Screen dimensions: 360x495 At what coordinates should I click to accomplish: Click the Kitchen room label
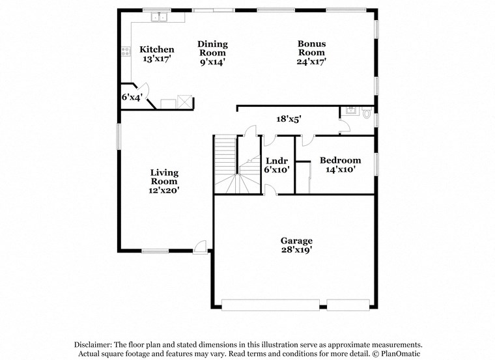click(x=157, y=49)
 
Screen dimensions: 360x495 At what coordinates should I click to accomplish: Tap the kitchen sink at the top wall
click(x=159, y=18)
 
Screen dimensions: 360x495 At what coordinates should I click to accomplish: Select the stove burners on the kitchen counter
click(x=125, y=51)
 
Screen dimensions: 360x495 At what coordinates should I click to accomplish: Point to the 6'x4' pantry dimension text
click(x=132, y=96)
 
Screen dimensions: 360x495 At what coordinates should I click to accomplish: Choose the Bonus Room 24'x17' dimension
click(x=311, y=61)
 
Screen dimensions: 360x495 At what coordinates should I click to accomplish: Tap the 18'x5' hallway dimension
click(x=289, y=119)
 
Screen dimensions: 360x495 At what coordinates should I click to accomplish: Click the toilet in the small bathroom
click(x=367, y=113)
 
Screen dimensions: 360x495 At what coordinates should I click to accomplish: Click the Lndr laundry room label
click(x=277, y=160)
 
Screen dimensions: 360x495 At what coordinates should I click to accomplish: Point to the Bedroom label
click(x=339, y=160)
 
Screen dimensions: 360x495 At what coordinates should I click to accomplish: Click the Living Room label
click(x=164, y=177)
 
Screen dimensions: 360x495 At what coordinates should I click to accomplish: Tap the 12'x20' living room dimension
click(x=164, y=191)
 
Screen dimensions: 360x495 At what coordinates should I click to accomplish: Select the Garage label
click(x=296, y=240)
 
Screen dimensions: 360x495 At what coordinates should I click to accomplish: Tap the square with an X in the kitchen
click(x=186, y=102)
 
